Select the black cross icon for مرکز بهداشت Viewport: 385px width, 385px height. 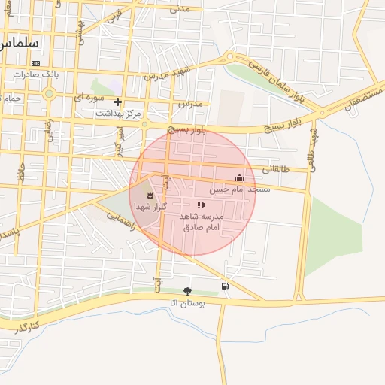click(x=117, y=102)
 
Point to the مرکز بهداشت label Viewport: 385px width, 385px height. click(x=119, y=113)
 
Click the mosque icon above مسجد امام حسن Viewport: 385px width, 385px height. click(x=239, y=178)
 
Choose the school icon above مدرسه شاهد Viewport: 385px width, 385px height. click(x=200, y=205)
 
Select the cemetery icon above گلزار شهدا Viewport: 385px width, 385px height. click(x=150, y=196)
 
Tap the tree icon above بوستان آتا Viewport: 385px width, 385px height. click(x=187, y=290)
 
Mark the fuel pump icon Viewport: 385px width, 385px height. click(x=226, y=286)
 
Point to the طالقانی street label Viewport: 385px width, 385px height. click(x=275, y=170)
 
